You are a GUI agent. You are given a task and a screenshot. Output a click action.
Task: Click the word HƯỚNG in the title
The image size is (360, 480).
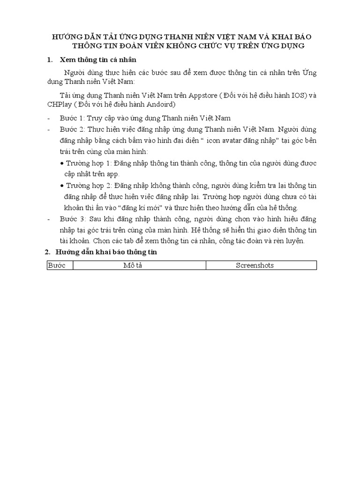click(x=67, y=37)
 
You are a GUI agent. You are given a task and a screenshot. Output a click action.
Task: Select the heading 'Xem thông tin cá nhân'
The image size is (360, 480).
click(x=98, y=60)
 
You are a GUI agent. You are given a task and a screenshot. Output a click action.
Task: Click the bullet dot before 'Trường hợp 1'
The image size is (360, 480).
click(x=63, y=163)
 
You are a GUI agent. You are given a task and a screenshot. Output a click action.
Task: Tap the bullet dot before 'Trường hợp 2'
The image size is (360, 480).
click(x=63, y=186)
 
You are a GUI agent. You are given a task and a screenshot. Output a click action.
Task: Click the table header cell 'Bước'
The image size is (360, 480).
click(x=60, y=265)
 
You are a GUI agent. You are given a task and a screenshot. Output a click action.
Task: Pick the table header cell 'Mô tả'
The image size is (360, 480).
click(x=139, y=265)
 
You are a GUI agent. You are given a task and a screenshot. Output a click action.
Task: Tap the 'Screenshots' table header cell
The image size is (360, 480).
click(x=261, y=265)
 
